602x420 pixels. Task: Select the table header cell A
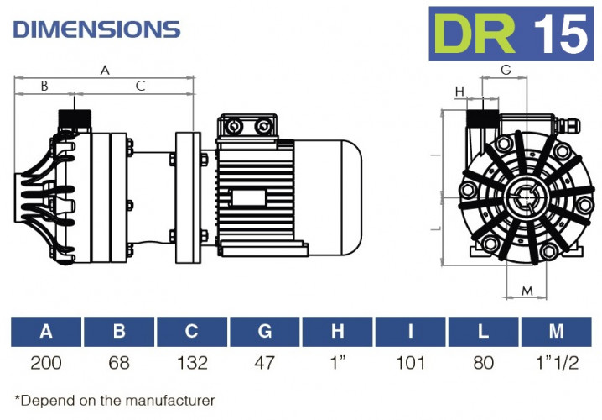coord(46,332)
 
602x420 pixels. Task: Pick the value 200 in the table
coord(46,363)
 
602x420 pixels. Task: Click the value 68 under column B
coord(119,363)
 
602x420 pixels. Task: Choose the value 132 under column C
coord(192,363)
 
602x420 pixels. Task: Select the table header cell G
coord(265,332)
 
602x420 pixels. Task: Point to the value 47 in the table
coord(265,363)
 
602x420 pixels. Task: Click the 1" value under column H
coord(338,363)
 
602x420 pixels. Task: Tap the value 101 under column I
coord(410,363)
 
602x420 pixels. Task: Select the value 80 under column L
coord(483,363)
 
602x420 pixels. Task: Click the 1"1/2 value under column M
coord(556,363)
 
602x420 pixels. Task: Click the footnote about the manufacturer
coord(115,400)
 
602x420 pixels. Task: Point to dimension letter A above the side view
coord(105,71)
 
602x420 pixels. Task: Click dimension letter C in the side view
coord(140,85)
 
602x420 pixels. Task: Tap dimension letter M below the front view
coord(527,291)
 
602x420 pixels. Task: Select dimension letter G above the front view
coord(506,70)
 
